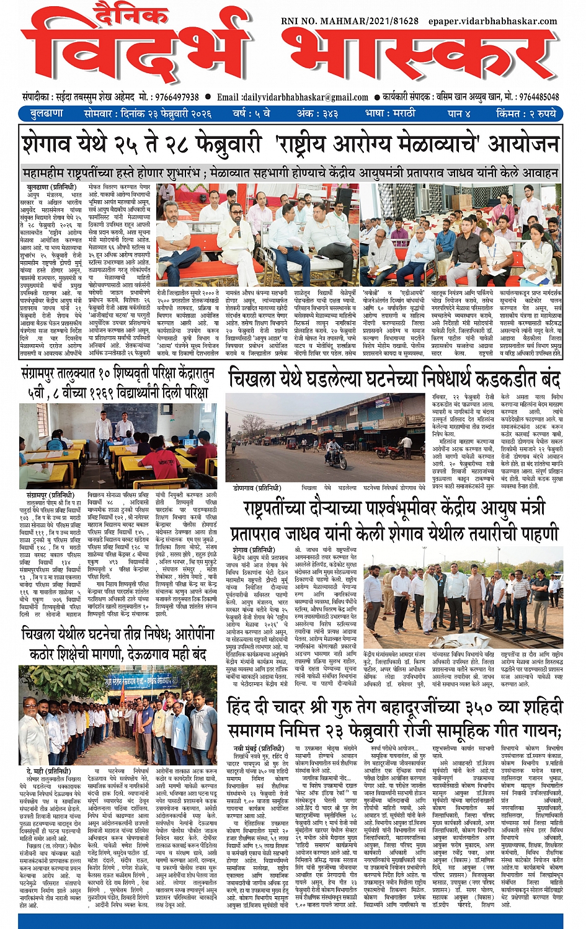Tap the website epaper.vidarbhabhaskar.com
click(492, 21)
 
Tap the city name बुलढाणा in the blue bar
click(47, 113)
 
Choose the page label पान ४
click(459, 113)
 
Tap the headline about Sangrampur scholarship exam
click(118, 383)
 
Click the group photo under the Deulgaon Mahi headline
click(118, 715)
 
